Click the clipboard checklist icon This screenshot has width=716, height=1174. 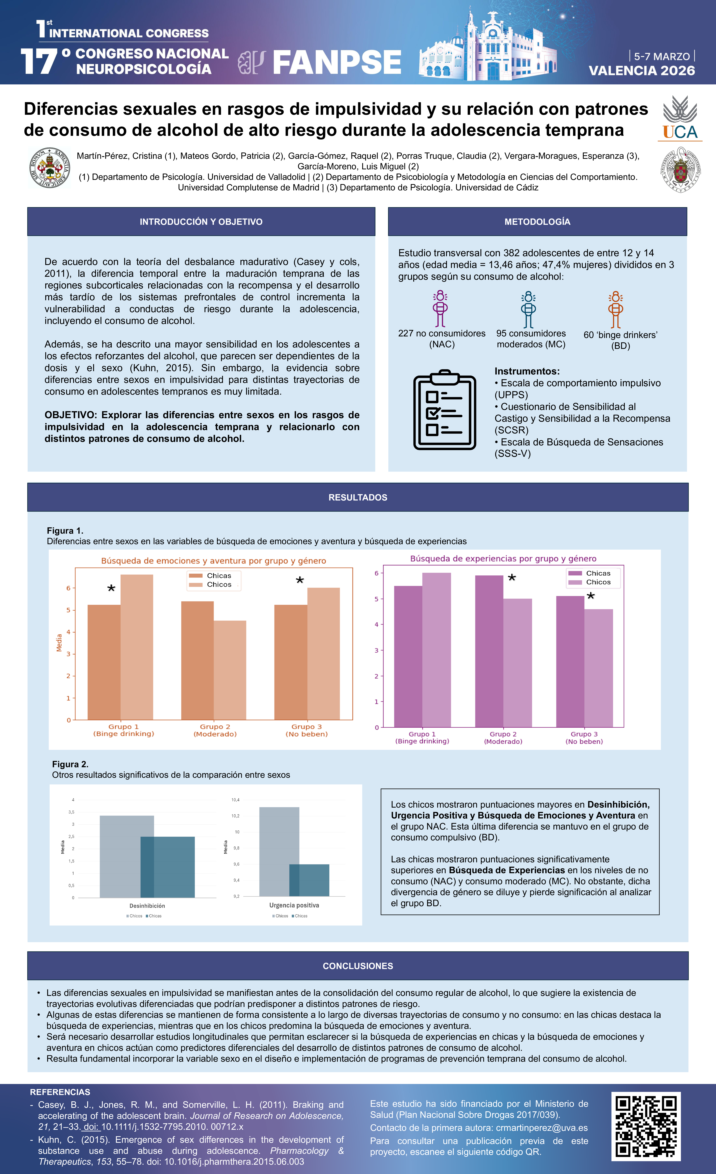click(444, 410)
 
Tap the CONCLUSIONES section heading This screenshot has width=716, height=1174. click(358, 966)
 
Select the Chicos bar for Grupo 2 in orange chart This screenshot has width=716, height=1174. click(230, 669)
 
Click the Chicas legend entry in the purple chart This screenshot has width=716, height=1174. click(598, 573)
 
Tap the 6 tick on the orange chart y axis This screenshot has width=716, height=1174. click(68, 588)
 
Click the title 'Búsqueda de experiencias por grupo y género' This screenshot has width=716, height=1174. click(503, 558)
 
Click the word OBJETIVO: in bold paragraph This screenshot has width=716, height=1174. click(71, 415)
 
